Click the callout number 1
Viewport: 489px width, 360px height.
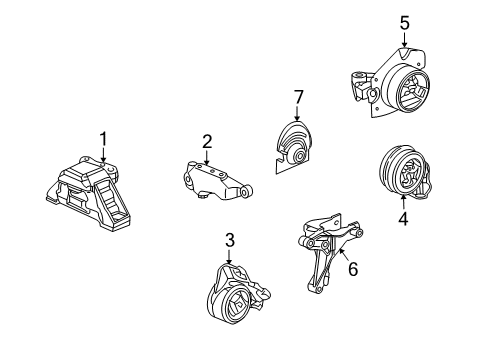tap(101, 138)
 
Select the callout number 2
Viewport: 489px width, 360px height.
tap(207, 141)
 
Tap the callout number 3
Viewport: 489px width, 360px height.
tap(229, 240)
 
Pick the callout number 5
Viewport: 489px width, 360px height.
tap(404, 21)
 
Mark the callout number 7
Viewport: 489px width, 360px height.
tap(298, 95)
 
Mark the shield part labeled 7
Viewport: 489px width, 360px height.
tap(290, 144)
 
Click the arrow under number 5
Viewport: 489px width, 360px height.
tap(404, 40)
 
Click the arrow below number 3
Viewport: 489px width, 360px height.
tap(229, 259)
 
